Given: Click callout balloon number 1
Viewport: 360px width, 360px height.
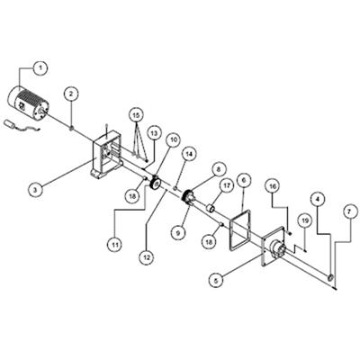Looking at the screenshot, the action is point(41,68).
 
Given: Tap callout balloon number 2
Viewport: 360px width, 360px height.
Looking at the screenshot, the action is point(71,94).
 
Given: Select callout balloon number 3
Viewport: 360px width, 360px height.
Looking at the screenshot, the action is point(36,189).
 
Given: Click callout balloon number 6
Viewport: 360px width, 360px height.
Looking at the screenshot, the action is point(243,180).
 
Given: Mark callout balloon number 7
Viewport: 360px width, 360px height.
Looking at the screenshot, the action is point(348,212).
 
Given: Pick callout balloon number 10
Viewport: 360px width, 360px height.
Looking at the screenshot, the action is point(174,139).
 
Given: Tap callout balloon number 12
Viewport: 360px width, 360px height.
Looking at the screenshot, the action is point(147,257).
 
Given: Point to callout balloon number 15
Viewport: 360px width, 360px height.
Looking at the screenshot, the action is point(137,115).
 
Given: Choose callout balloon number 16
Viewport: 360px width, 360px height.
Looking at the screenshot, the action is point(273,186).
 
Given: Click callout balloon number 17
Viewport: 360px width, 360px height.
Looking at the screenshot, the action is point(227,185).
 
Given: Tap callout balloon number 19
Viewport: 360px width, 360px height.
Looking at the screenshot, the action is point(305,221).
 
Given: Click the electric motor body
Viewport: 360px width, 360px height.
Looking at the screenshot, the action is point(29,103).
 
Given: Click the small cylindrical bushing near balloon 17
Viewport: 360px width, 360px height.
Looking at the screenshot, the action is point(211,208).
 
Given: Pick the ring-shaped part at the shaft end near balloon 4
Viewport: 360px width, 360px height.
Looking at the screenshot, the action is point(330,278).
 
